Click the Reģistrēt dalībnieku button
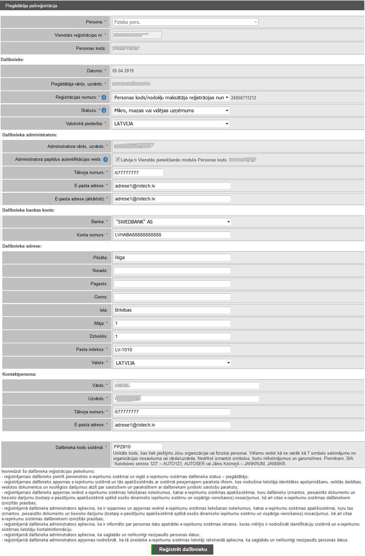point(182,549)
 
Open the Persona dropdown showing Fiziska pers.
point(185,22)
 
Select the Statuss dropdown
point(171,110)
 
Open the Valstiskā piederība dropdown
point(171,123)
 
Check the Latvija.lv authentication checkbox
point(118,160)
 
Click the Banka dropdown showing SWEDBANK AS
point(172,222)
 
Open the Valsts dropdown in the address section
point(172,363)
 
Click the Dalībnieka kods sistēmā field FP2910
point(137,447)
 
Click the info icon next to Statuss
point(104,110)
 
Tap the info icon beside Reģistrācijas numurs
point(104,97)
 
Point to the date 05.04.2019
point(123,71)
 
